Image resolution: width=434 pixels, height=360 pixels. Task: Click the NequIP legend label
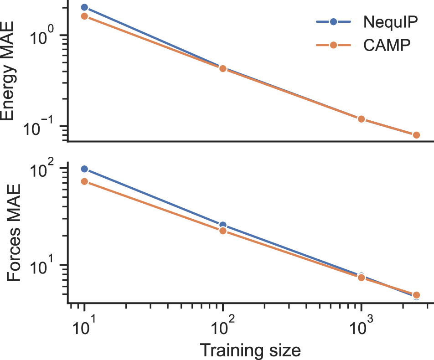click(391, 21)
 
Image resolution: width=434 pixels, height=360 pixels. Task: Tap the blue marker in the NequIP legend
click(333, 21)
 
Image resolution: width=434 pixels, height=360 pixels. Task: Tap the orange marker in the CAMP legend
click(333, 45)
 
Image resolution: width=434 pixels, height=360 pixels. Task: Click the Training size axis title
click(250, 350)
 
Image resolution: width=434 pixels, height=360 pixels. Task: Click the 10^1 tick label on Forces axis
click(46, 265)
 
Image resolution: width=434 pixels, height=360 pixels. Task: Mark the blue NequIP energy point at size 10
click(84, 7)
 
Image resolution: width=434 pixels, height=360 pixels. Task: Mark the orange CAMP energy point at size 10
click(84, 16)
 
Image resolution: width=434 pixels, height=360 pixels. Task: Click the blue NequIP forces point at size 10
click(84, 169)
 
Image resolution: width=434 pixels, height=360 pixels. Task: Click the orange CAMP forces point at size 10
click(84, 181)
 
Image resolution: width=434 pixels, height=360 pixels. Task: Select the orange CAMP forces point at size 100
click(223, 231)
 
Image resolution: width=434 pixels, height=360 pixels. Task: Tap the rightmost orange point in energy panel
click(416, 135)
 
